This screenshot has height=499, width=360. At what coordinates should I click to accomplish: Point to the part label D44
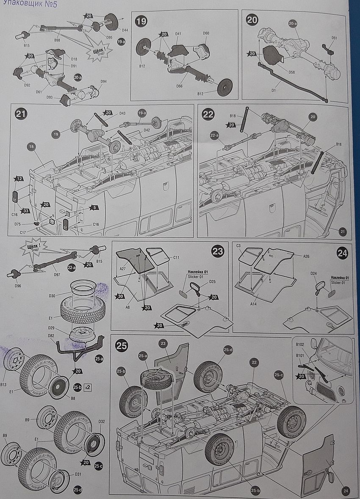125,30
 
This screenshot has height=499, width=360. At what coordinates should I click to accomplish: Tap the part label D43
123,113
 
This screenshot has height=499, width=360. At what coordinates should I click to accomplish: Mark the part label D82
51,336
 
